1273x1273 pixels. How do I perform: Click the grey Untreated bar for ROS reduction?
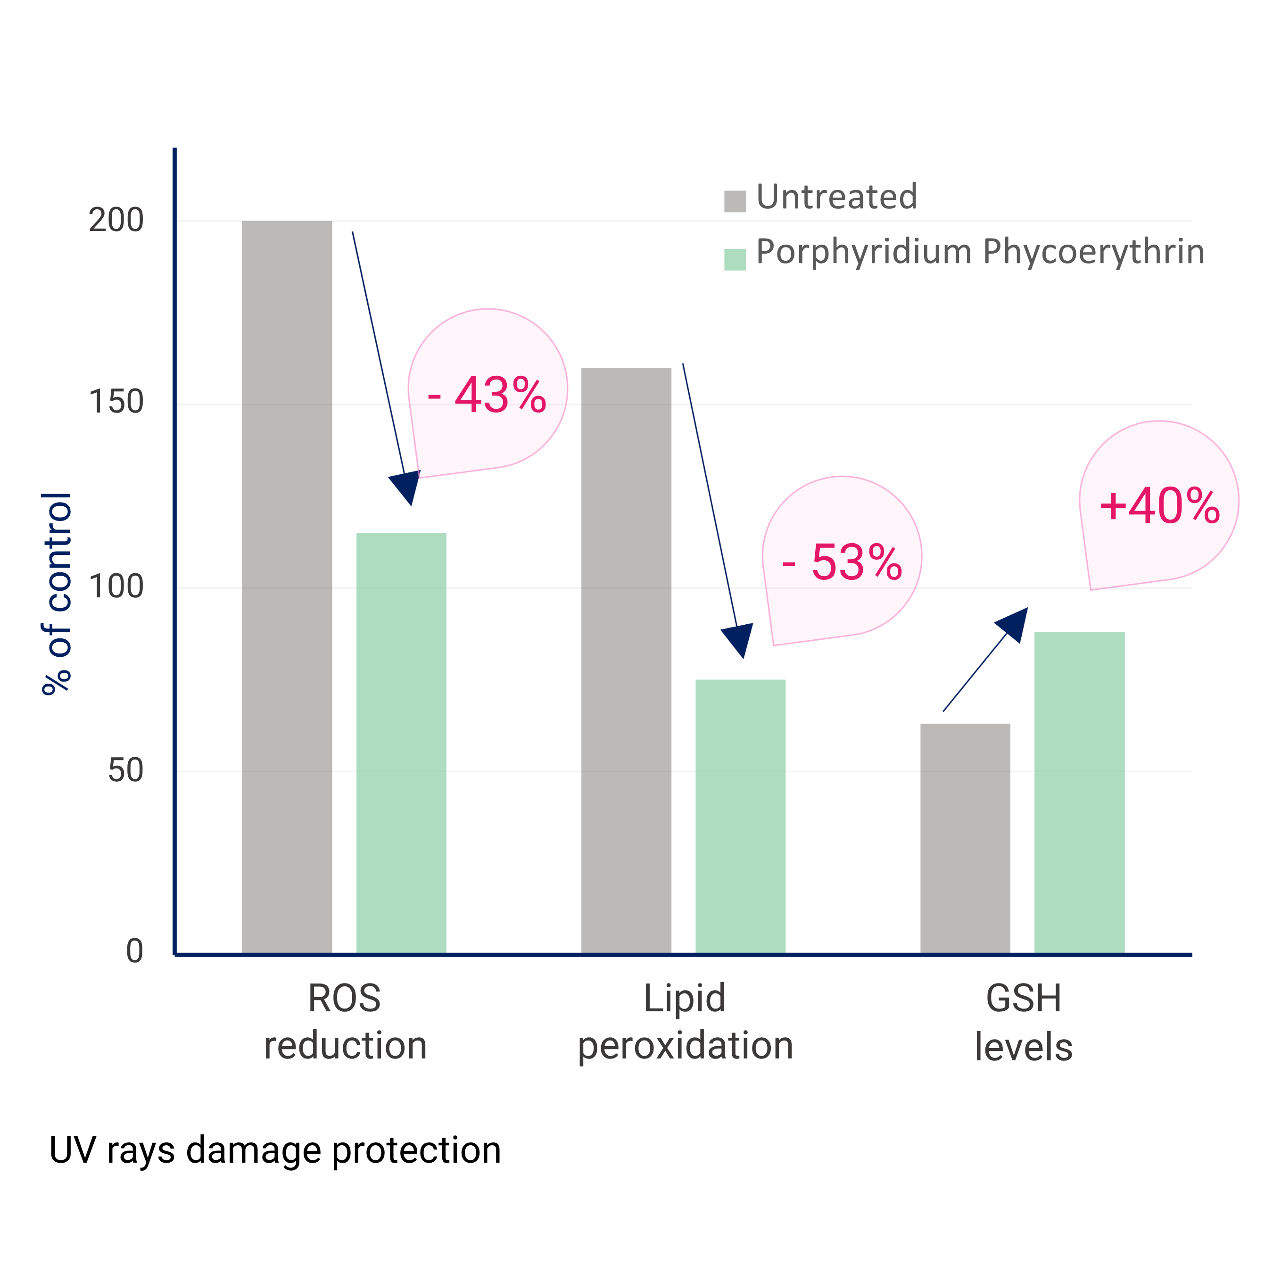coord(287,587)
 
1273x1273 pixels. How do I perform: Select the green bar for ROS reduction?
coord(401,743)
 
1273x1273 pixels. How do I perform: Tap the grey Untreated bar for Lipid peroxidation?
coord(626,660)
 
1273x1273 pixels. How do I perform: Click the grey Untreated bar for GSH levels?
coord(965,838)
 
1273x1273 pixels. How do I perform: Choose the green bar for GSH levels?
coord(1079,792)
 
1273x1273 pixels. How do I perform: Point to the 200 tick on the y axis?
coord(116,220)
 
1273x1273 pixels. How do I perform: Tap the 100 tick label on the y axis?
coord(116,587)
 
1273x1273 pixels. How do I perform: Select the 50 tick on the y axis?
coord(125,770)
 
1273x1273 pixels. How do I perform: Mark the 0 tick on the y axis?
coord(134,951)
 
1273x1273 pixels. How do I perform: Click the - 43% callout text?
coord(487,396)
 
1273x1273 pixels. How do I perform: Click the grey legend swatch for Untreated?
coord(735,201)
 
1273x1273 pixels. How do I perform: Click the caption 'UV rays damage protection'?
coord(275,1150)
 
